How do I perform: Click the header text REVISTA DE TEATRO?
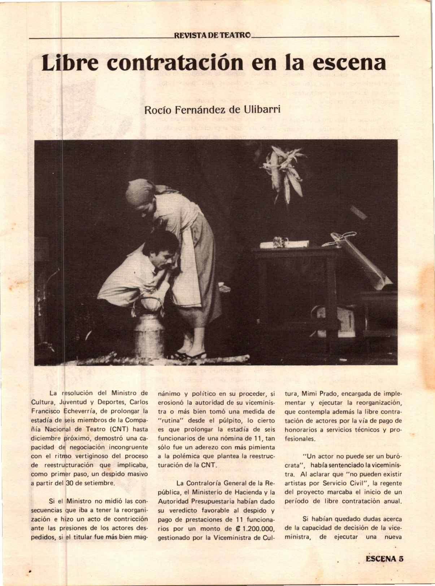[x=212, y=36]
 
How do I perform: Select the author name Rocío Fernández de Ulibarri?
[x=212, y=109]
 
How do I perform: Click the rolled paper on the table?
[x=283, y=244]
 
